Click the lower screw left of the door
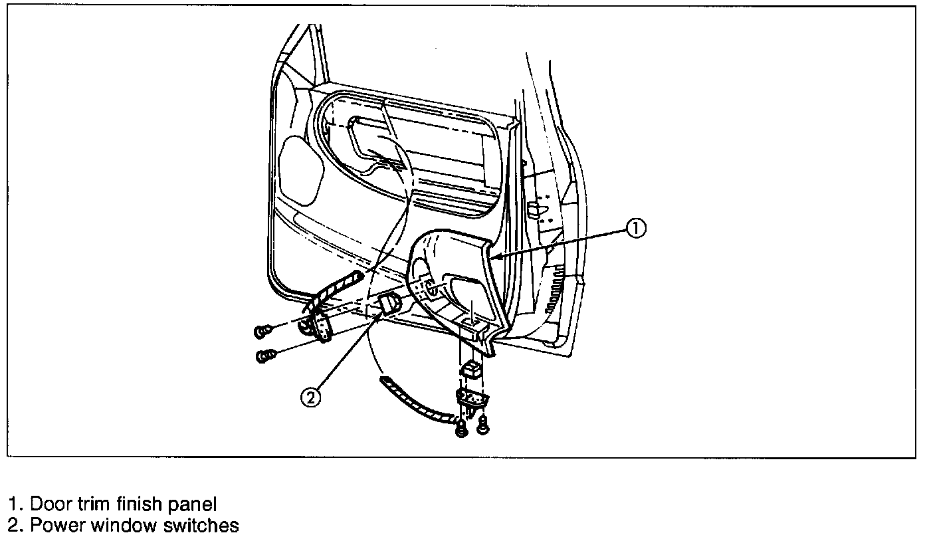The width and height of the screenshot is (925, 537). [265, 357]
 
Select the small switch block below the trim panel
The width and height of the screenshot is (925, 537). [472, 369]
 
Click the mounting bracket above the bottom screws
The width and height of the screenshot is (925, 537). [471, 399]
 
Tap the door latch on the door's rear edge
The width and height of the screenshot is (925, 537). [537, 211]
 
